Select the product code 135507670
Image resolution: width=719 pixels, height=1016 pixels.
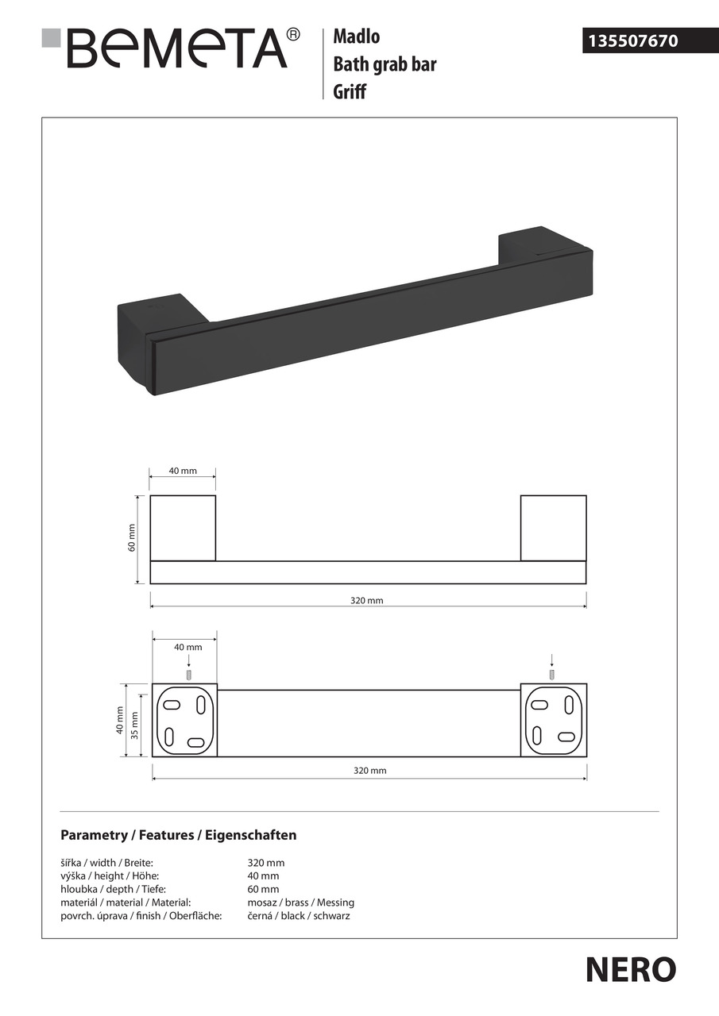632,40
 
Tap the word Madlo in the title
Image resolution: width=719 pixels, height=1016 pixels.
356,36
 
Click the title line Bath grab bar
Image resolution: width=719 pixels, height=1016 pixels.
385,64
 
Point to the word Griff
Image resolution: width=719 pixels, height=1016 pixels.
350,92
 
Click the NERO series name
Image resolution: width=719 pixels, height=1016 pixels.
631,969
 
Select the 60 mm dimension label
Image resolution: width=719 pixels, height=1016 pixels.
133,539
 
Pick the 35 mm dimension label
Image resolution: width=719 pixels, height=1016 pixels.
134,725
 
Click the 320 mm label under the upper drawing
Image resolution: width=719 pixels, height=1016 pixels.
367,601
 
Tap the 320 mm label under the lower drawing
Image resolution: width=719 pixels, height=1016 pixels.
369,771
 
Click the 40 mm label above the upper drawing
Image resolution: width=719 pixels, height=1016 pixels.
183,471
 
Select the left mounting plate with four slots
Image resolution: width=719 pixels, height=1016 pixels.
184,720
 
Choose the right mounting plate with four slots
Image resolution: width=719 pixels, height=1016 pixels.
554,720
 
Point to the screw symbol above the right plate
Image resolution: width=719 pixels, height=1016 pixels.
552,674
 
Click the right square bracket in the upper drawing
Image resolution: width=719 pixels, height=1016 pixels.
554,528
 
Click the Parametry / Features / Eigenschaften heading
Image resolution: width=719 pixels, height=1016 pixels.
179,835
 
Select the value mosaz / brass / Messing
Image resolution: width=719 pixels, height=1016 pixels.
301,902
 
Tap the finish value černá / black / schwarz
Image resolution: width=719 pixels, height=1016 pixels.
299,916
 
